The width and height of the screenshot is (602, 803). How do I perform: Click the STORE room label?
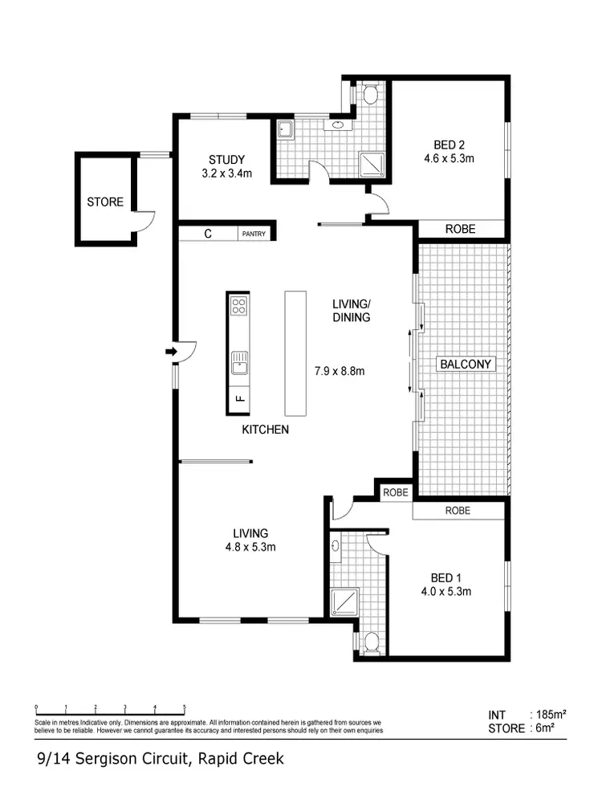coord(105,202)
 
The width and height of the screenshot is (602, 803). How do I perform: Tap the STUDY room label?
coord(226,159)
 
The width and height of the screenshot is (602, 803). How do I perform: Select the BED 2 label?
coord(449,145)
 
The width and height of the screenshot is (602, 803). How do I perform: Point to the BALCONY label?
coord(466,364)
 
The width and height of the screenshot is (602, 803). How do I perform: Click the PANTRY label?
coord(254,234)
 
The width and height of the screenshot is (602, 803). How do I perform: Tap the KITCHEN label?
coord(265,430)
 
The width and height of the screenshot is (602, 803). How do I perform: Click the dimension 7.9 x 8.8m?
coord(339,371)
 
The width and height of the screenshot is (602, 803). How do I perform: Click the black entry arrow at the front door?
coord(171,351)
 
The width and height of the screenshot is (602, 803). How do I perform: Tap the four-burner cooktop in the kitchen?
coord(239,305)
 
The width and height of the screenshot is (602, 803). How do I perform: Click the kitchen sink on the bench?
coord(239,363)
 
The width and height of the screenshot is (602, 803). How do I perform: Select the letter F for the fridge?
coord(239,397)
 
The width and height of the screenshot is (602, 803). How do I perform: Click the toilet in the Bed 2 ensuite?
coord(370,96)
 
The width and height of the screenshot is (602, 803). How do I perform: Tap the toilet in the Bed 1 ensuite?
coord(370,642)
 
